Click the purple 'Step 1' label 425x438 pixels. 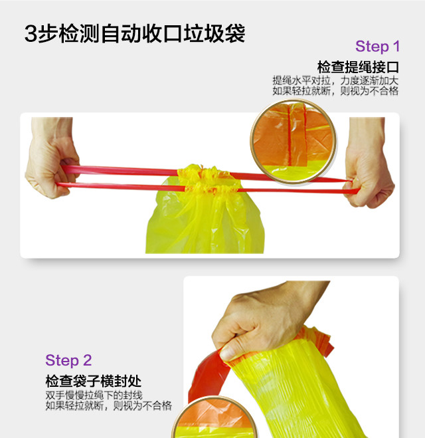377,47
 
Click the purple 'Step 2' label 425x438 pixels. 68,360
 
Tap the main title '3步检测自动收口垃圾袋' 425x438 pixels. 135,34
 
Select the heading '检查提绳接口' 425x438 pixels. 358,67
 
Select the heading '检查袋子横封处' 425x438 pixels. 94,381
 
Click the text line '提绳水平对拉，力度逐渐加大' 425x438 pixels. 335,80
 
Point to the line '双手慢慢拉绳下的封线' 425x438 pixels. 94,395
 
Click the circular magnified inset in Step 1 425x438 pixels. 293,142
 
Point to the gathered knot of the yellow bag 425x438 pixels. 208,179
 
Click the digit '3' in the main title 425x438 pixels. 31,34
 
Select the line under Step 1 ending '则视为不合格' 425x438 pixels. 335,91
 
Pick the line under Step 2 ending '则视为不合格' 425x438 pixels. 108,405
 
